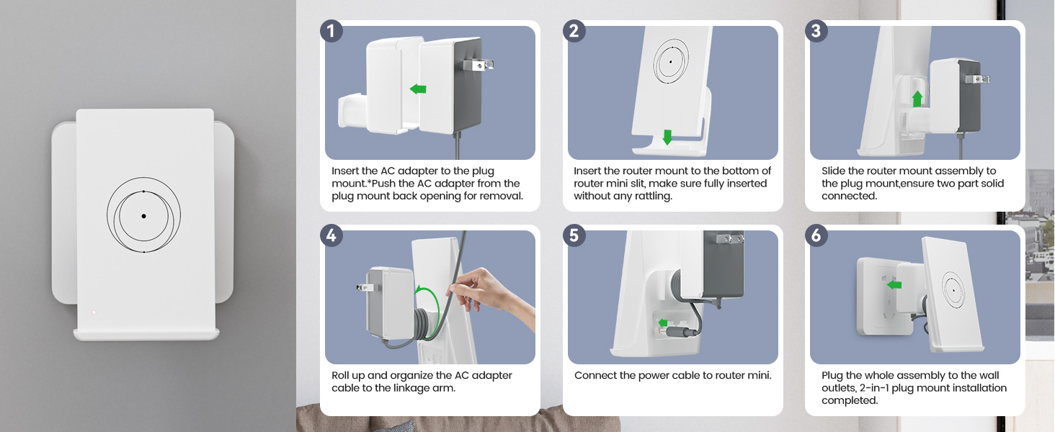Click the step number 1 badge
(331, 30)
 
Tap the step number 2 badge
(574, 30)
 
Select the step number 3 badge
(816, 30)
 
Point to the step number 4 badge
(331, 235)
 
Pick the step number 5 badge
(574, 235)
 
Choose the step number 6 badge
(816, 235)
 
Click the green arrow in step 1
(418, 89)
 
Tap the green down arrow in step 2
(667, 137)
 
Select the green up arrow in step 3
(917, 99)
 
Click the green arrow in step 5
(663, 323)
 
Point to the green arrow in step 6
(894, 284)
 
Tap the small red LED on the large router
(94, 312)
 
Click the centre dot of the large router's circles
(143, 216)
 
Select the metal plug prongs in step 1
(478, 65)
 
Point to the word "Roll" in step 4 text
(340, 376)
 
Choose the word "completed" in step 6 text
(850, 400)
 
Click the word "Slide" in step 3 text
(834, 171)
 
